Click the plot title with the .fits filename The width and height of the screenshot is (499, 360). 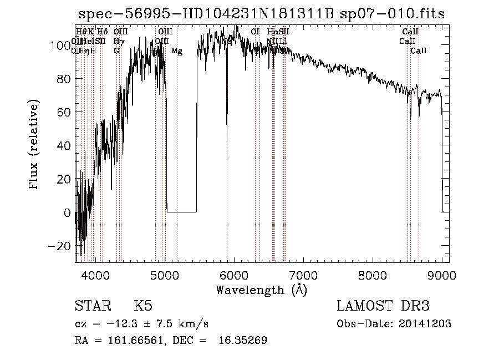[x=261, y=14]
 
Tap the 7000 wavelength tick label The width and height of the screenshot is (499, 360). [x=303, y=275]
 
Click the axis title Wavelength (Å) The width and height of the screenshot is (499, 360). [x=261, y=290]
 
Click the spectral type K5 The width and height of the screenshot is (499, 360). [x=143, y=306]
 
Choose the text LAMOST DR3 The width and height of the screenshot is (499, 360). [x=383, y=306]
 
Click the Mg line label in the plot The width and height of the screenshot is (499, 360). [x=177, y=51]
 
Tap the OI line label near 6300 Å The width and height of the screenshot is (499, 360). [x=255, y=32]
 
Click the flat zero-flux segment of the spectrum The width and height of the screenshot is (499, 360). [x=182, y=212]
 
